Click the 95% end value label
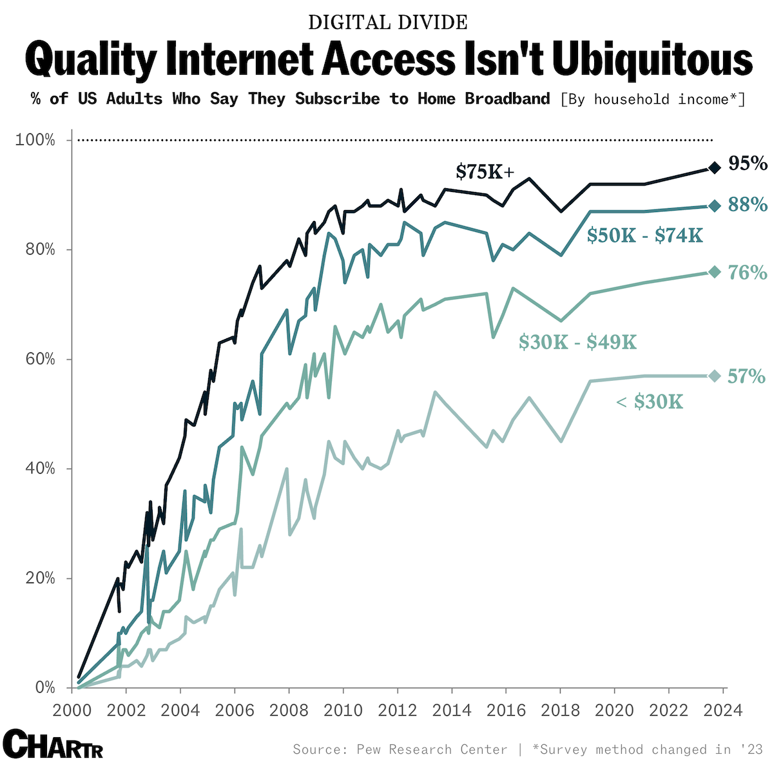pos(748,164)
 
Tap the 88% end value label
pos(748,205)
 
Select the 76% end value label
pos(748,273)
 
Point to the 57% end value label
pos(746,376)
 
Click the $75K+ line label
pos(485,172)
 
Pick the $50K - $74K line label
pos(644,236)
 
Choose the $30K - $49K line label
pos(577,342)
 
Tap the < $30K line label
pos(649,402)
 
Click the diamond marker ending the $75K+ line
pos(714,168)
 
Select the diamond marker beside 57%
pos(714,376)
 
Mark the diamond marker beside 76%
pos(714,272)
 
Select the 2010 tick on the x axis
pos(343,711)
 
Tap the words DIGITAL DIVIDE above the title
pos(387,23)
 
